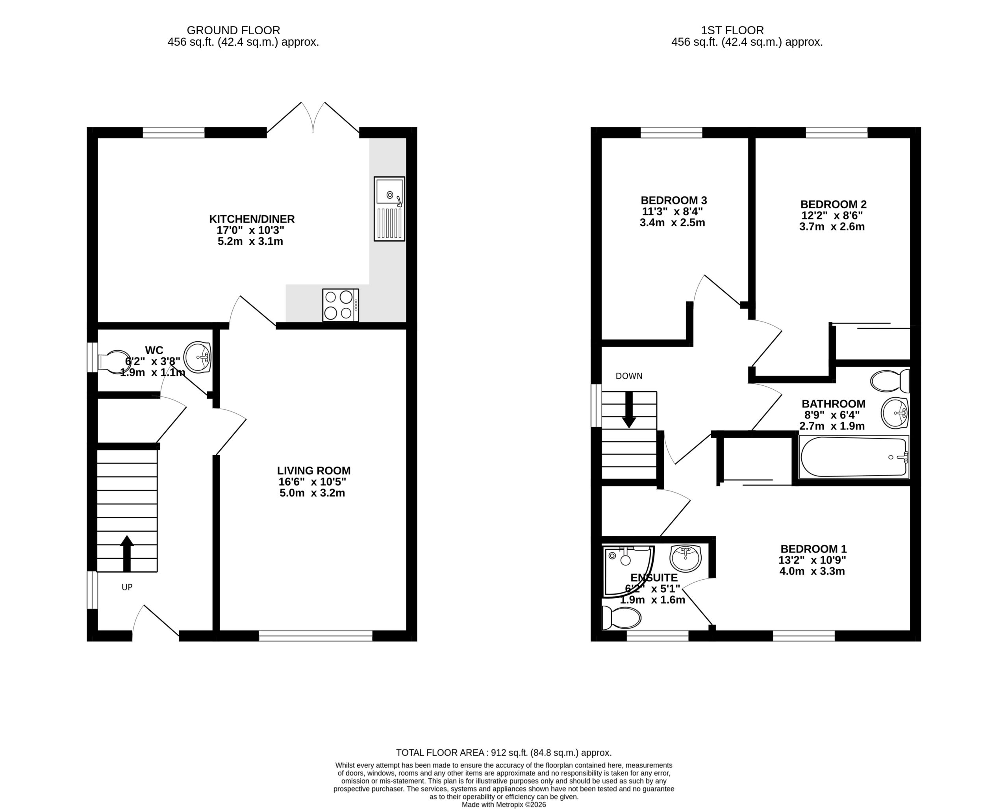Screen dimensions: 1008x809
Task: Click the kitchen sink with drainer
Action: point(389,209)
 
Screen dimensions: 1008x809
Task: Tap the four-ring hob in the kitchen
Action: point(340,305)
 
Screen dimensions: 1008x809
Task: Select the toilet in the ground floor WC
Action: point(114,362)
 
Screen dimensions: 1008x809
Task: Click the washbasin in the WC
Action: point(197,357)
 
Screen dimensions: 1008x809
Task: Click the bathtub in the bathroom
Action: point(854,457)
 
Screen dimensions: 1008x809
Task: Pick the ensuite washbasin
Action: point(686,558)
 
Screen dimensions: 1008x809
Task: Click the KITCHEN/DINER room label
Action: point(252,219)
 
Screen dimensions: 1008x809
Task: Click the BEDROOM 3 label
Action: point(674,200)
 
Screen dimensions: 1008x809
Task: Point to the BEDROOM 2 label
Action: point(833,205)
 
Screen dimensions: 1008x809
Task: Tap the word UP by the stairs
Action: point(127,587)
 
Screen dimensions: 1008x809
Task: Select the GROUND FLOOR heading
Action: point(233,30)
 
